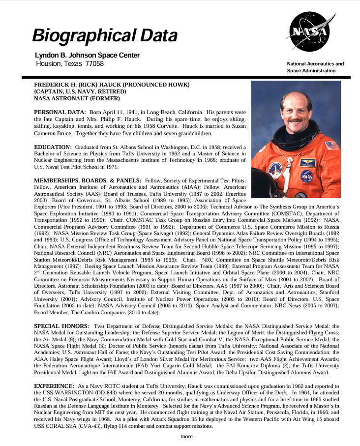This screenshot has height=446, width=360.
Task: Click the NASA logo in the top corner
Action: pyautogui.click(x=309, y=32)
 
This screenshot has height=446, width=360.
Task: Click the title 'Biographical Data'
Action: pyautogui.click(x=105, y=35)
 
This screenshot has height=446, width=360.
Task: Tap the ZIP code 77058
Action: pyautogui.click(x=94, y=63)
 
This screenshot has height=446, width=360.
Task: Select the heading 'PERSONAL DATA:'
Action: pyautogui.click(x=60, y=113)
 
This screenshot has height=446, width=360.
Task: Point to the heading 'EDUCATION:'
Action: pyautogui.click(x=53, y=147)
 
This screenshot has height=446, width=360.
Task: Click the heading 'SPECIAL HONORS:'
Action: pyautogui.click(x=61, y=326)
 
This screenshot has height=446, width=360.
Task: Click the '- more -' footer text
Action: pyautogui.click(x=186, y=436)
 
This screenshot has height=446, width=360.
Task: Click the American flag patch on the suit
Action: pyautogui.click(x=331, y=145)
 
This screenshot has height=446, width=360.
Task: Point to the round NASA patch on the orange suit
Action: pyautogui.click(x=307, y=176)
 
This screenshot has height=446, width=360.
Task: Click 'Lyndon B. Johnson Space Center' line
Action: pyautogui.click(x=87, y=55)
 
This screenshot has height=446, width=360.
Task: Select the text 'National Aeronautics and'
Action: pyautogui.click(x=315, y=64)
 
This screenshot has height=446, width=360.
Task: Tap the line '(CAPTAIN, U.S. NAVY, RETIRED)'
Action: pyautogui.click(x=80, y=91)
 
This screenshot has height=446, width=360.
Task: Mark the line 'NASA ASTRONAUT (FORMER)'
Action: pyautogui.click(x=74, y=98)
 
